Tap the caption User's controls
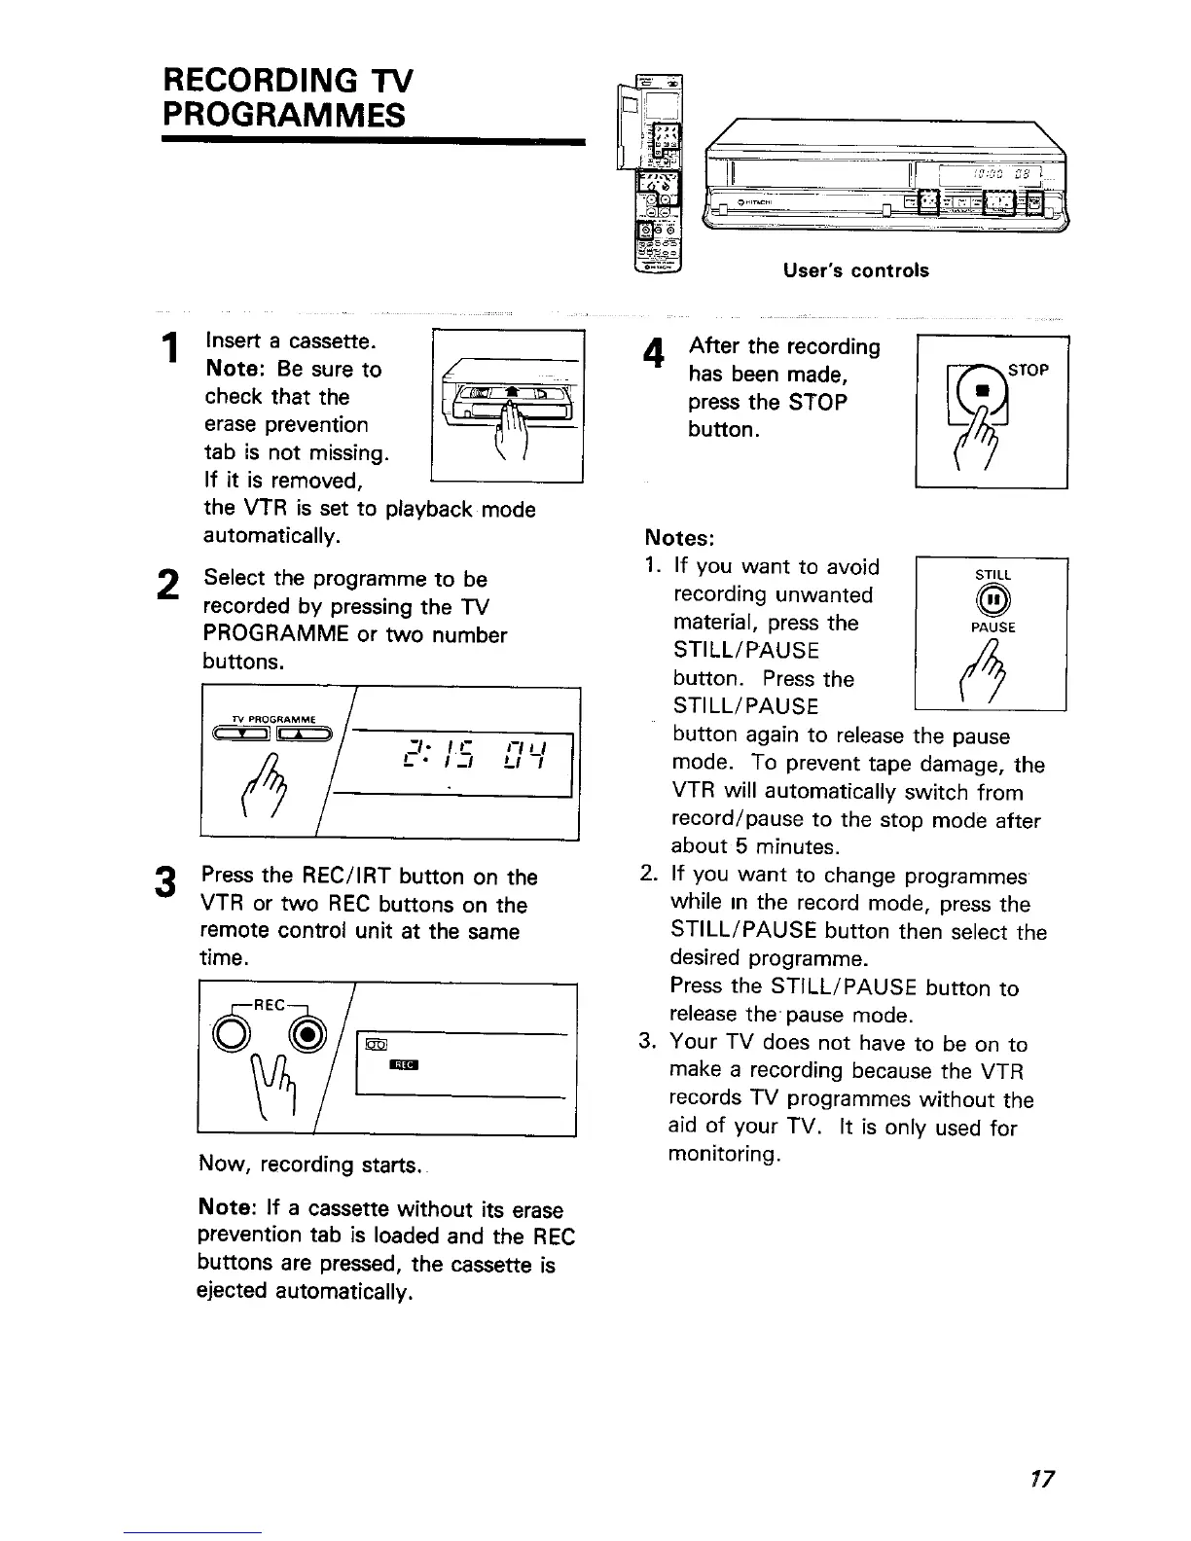[855, 270]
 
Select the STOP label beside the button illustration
[1029, 370]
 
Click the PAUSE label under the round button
[992, 627]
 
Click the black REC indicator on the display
[403, 1065]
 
